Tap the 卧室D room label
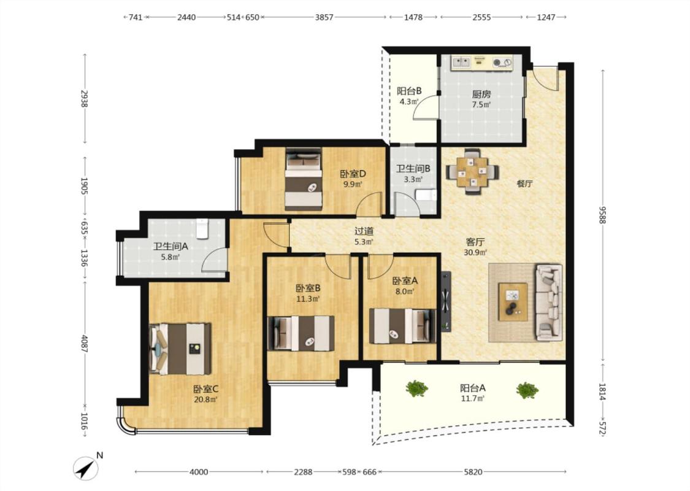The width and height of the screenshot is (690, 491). tap(353, 174)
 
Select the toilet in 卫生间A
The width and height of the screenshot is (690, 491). tap(202, 228)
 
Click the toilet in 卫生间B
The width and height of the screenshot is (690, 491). tap(426, 195)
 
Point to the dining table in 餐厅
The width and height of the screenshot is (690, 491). tap(472, 171)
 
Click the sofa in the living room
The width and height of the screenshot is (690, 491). tap(549, 302)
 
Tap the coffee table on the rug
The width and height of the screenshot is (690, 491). tap(513, 301)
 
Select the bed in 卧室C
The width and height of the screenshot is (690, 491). tap(180, 349)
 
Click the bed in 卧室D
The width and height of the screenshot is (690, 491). tap(303, 179)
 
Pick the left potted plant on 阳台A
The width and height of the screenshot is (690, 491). tap(416, 389)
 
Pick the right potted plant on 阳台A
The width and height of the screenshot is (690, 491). tap(527, 390)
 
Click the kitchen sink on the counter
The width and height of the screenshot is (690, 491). tap(461, 62)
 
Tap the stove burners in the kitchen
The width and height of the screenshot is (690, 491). tap(502, 63)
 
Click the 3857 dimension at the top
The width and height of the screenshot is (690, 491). tap(324, 17)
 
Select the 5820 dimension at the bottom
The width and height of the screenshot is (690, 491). tap(473, 472)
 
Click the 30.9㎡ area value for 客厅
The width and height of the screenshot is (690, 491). tap(475, 253)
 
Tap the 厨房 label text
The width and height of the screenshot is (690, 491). tap(481, 95)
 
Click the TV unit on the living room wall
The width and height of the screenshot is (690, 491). tap(447, 301)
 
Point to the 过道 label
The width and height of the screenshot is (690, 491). tap(364, 231)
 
